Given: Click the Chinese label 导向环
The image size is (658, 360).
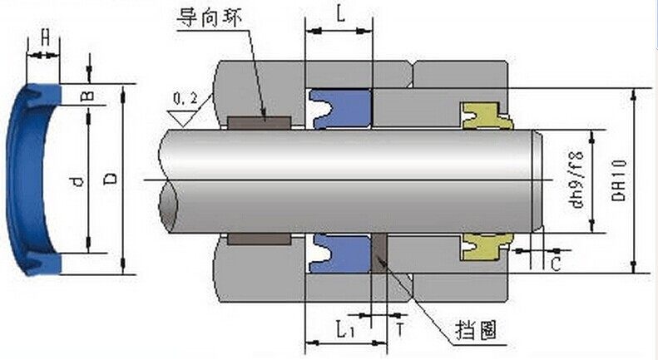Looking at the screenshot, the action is (209, 18).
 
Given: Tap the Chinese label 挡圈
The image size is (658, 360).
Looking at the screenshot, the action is (476, 330).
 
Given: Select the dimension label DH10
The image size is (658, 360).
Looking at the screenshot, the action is (619, 180).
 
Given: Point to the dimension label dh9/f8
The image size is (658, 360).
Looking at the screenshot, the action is (577, 180).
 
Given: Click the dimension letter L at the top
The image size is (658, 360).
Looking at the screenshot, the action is (340, 14).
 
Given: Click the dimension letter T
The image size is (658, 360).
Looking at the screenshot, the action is (400, 330).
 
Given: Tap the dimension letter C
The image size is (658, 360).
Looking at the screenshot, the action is (556, 264).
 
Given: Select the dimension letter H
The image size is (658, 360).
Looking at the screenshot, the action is (45, 37).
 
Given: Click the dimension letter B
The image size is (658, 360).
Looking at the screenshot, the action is (87, 96).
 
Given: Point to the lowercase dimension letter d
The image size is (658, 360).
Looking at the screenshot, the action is (77, 181).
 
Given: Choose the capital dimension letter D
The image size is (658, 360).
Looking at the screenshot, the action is (111, 179).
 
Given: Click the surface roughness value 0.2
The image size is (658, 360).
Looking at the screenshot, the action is (185, 99).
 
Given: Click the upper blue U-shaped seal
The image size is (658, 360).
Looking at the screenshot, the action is (340, 109).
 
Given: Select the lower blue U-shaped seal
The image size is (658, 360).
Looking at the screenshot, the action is (340, 254).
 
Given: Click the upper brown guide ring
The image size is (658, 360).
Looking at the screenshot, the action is (260, 122).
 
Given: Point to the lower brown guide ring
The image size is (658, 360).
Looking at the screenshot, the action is (260, 239).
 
